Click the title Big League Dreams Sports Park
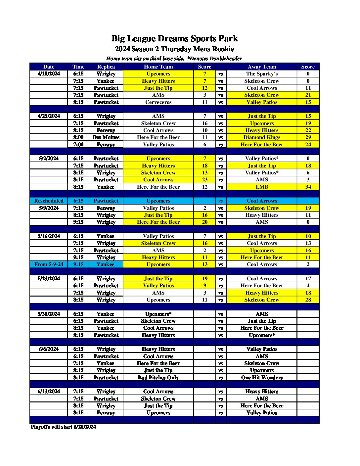coord(174,39)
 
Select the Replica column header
coord(106,67)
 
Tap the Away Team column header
coord(262,67)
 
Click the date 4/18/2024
coord(49,74)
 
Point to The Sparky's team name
coord(262,74)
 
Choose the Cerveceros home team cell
coord(158,102)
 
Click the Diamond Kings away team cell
coord(262,137)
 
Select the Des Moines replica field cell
coord(106,137)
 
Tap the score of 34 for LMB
coord(308,187)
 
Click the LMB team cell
coord(262,187)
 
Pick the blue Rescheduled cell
coord(49,201)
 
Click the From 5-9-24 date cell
coord(49,264)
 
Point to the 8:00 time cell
coord(78,137)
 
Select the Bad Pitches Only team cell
coord(158,378)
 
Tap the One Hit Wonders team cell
coord(262,378)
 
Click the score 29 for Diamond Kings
coord(308,137)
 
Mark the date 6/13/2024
coord(49,392)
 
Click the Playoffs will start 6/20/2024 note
coord(63,427)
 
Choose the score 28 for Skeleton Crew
coord(308,300)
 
